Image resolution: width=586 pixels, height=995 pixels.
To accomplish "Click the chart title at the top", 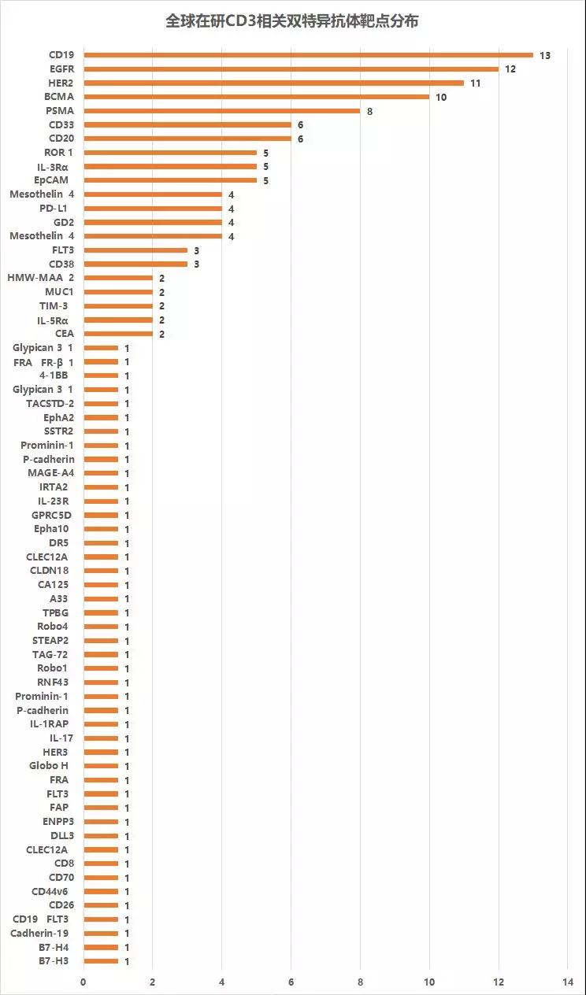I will (x=292, y=21).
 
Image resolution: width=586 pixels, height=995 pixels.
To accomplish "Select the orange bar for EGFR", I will (x=291, y=69).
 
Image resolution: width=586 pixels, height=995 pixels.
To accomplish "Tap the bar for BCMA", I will (x=256, y=97).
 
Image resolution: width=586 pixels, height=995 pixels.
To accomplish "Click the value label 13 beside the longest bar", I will (x=544, y=55).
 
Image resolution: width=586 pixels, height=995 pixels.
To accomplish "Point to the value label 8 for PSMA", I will (x=369, y=111).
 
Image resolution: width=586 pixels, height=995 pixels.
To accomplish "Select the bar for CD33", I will (x=187, y=124).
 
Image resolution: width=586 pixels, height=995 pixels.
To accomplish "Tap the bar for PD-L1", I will (x=153, y=209).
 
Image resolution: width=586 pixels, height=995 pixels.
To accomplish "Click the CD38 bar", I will (x=135, y=264).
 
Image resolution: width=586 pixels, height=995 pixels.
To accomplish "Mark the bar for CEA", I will (x=118, y=334).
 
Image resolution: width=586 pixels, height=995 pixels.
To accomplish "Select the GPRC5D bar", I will (x=101, y=515).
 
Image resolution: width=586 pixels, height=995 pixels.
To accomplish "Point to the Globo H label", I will (x=49, y=766).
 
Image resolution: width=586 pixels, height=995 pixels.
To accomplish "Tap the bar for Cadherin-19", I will (x=101, y=933).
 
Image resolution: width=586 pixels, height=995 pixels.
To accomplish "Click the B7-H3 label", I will (x=54, y=961).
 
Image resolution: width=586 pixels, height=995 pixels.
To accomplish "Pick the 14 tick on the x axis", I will (x=568, y=982).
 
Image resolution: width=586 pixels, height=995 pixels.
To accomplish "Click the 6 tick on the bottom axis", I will (x=291, y=982).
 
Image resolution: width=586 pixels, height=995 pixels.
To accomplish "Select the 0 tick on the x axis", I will (x=83, y=982).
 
